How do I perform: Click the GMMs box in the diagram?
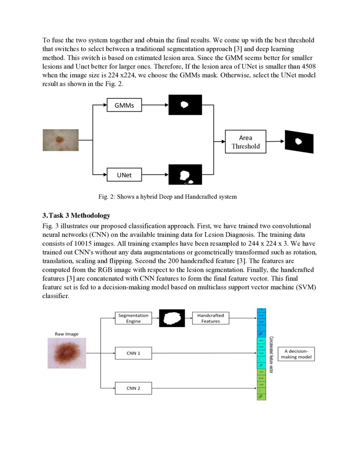tap(124, 105)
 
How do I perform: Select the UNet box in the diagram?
tap(124, 175)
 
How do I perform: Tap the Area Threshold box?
tap(245, 142)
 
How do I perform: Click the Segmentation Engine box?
tap(133, 318)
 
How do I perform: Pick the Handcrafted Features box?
tap(210, 318)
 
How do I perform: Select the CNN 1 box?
tap(133, 353)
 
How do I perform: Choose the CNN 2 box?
tap(133, 388)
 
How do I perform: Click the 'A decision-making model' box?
tap(296, 354)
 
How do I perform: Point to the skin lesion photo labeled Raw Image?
tap(66, 353)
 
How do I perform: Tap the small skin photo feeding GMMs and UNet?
tap(61, 140)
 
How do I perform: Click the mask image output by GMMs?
tap(185, 105)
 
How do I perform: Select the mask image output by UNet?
tap(185, 175)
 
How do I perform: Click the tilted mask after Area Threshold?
tap(299, 141)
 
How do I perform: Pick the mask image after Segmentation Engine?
tap(172, 318)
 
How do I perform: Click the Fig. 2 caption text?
tap(167, 197)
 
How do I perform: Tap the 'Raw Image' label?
tap(66, 334)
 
